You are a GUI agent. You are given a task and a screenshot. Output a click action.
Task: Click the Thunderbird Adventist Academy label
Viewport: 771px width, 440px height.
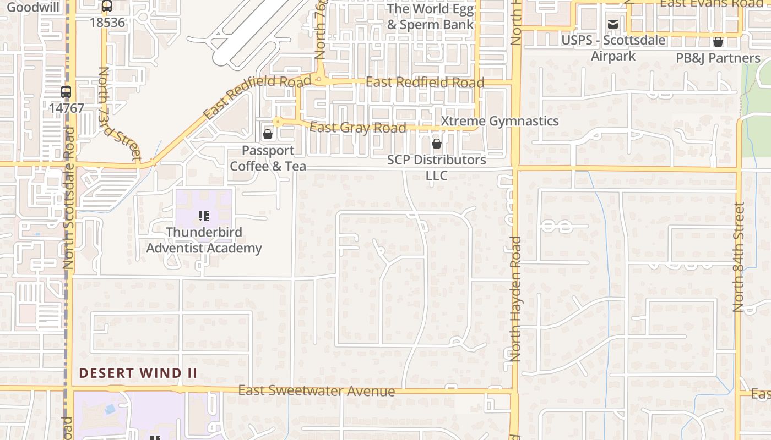(204, 240)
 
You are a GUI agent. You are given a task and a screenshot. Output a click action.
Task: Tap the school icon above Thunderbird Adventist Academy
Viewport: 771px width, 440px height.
(204, 216)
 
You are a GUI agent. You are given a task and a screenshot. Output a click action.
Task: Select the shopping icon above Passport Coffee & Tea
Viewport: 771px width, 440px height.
(268, 134)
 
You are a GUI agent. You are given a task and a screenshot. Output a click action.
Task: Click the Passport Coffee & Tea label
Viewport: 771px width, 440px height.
(268, 158)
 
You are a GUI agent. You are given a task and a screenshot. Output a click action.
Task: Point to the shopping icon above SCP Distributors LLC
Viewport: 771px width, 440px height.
(437, 144)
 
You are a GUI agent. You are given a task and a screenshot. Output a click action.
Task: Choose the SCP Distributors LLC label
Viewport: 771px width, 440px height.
(437, 167)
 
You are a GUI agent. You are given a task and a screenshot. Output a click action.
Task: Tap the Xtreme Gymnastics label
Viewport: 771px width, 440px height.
(500, 121)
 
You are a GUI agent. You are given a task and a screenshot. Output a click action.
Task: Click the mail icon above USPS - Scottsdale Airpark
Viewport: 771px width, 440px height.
(612, 24)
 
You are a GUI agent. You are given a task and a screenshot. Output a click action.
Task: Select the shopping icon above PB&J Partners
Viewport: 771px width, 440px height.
(718, 42)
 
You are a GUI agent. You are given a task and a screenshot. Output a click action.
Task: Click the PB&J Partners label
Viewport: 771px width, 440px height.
(718, 58)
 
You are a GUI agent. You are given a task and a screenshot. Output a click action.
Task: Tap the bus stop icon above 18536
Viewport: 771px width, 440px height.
(107, 7)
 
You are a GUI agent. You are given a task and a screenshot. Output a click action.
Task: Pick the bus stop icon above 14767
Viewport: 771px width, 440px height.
(66, 91)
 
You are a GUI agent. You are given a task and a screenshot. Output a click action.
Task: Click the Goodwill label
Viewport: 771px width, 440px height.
(26, 7)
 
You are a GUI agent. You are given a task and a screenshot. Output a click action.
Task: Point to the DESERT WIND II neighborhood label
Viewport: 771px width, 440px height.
(138, 373)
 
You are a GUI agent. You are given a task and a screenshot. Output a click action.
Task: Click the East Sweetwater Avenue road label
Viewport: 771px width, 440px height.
(316, 391)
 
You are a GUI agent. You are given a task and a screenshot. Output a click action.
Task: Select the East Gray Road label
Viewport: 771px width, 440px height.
(358, 128)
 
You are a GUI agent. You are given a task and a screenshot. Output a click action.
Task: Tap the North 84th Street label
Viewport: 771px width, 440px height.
(739, 257)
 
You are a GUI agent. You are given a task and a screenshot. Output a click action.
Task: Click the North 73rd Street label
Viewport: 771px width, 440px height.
(119, 114)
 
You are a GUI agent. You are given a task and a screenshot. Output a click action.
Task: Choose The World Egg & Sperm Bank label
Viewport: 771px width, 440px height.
(430, 16)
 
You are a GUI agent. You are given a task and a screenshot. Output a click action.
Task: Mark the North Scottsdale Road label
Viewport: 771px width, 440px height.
(68, 198)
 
